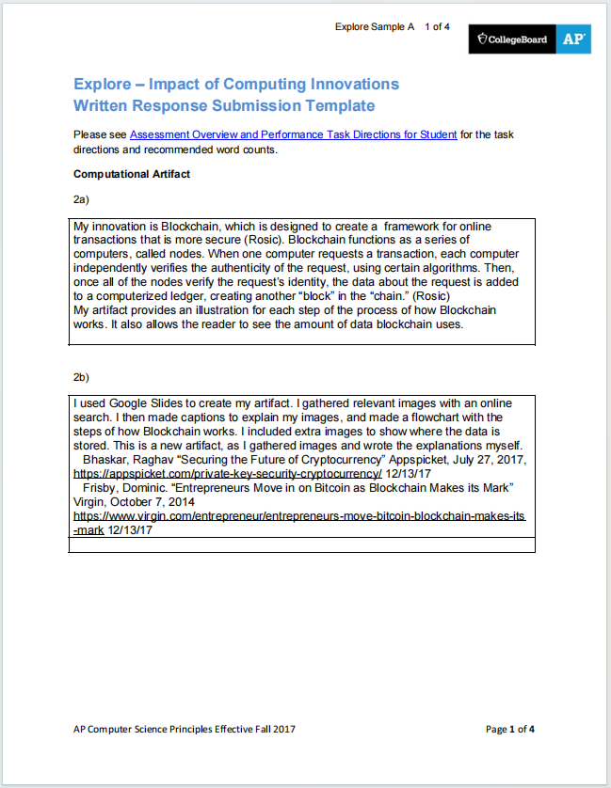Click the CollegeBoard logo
(x=513, y=39)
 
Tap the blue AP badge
(x=573, y=39)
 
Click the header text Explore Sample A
(x=374, y=26)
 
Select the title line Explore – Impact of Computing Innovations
(x=236, y=84)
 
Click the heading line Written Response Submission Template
(x=224, y=105)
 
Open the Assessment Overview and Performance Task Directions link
(x=293, y=134)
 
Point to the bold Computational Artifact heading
(x=132, y=174)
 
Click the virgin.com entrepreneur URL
(x=299, y=517)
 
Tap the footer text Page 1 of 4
(x=510, y=729)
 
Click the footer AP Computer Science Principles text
(x=188, y=729)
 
